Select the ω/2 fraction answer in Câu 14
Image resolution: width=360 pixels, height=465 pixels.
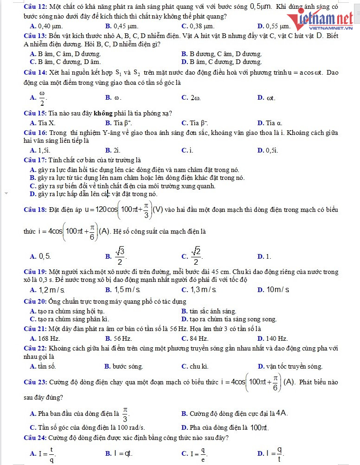coord(42,98)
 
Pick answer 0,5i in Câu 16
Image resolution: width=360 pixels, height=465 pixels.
coord(272,150)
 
